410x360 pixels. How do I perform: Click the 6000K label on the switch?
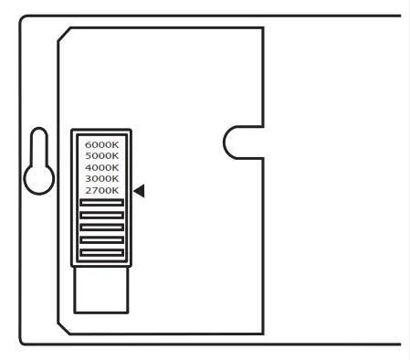pyautogui.click(x=101, y=144)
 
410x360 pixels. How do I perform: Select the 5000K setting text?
pyautogui.click(x=101, y=156)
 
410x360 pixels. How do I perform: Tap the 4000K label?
pyautogui.click(x=101, y=167)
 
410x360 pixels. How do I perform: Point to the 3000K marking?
pyautogui.click(x=101, y=179)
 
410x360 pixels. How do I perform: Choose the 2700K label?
pyautogui.click(x=101, y=190)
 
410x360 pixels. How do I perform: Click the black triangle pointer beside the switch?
pyautogui.click(x=140, y=190)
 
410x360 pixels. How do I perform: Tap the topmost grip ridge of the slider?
pyautogui.click(x=101, y=203)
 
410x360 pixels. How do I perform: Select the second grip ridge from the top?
pyautogui.click(x=101, y=216)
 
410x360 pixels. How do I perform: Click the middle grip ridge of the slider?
pyautogui.click(x=101, y=228)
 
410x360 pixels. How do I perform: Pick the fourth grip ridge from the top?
pyautogui.click(x=101, y=239)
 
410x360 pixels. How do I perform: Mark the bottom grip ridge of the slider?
pyautogui.click(x=101, y=251)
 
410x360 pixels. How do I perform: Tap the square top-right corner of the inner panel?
pyautogui.click(x=263, y=28)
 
